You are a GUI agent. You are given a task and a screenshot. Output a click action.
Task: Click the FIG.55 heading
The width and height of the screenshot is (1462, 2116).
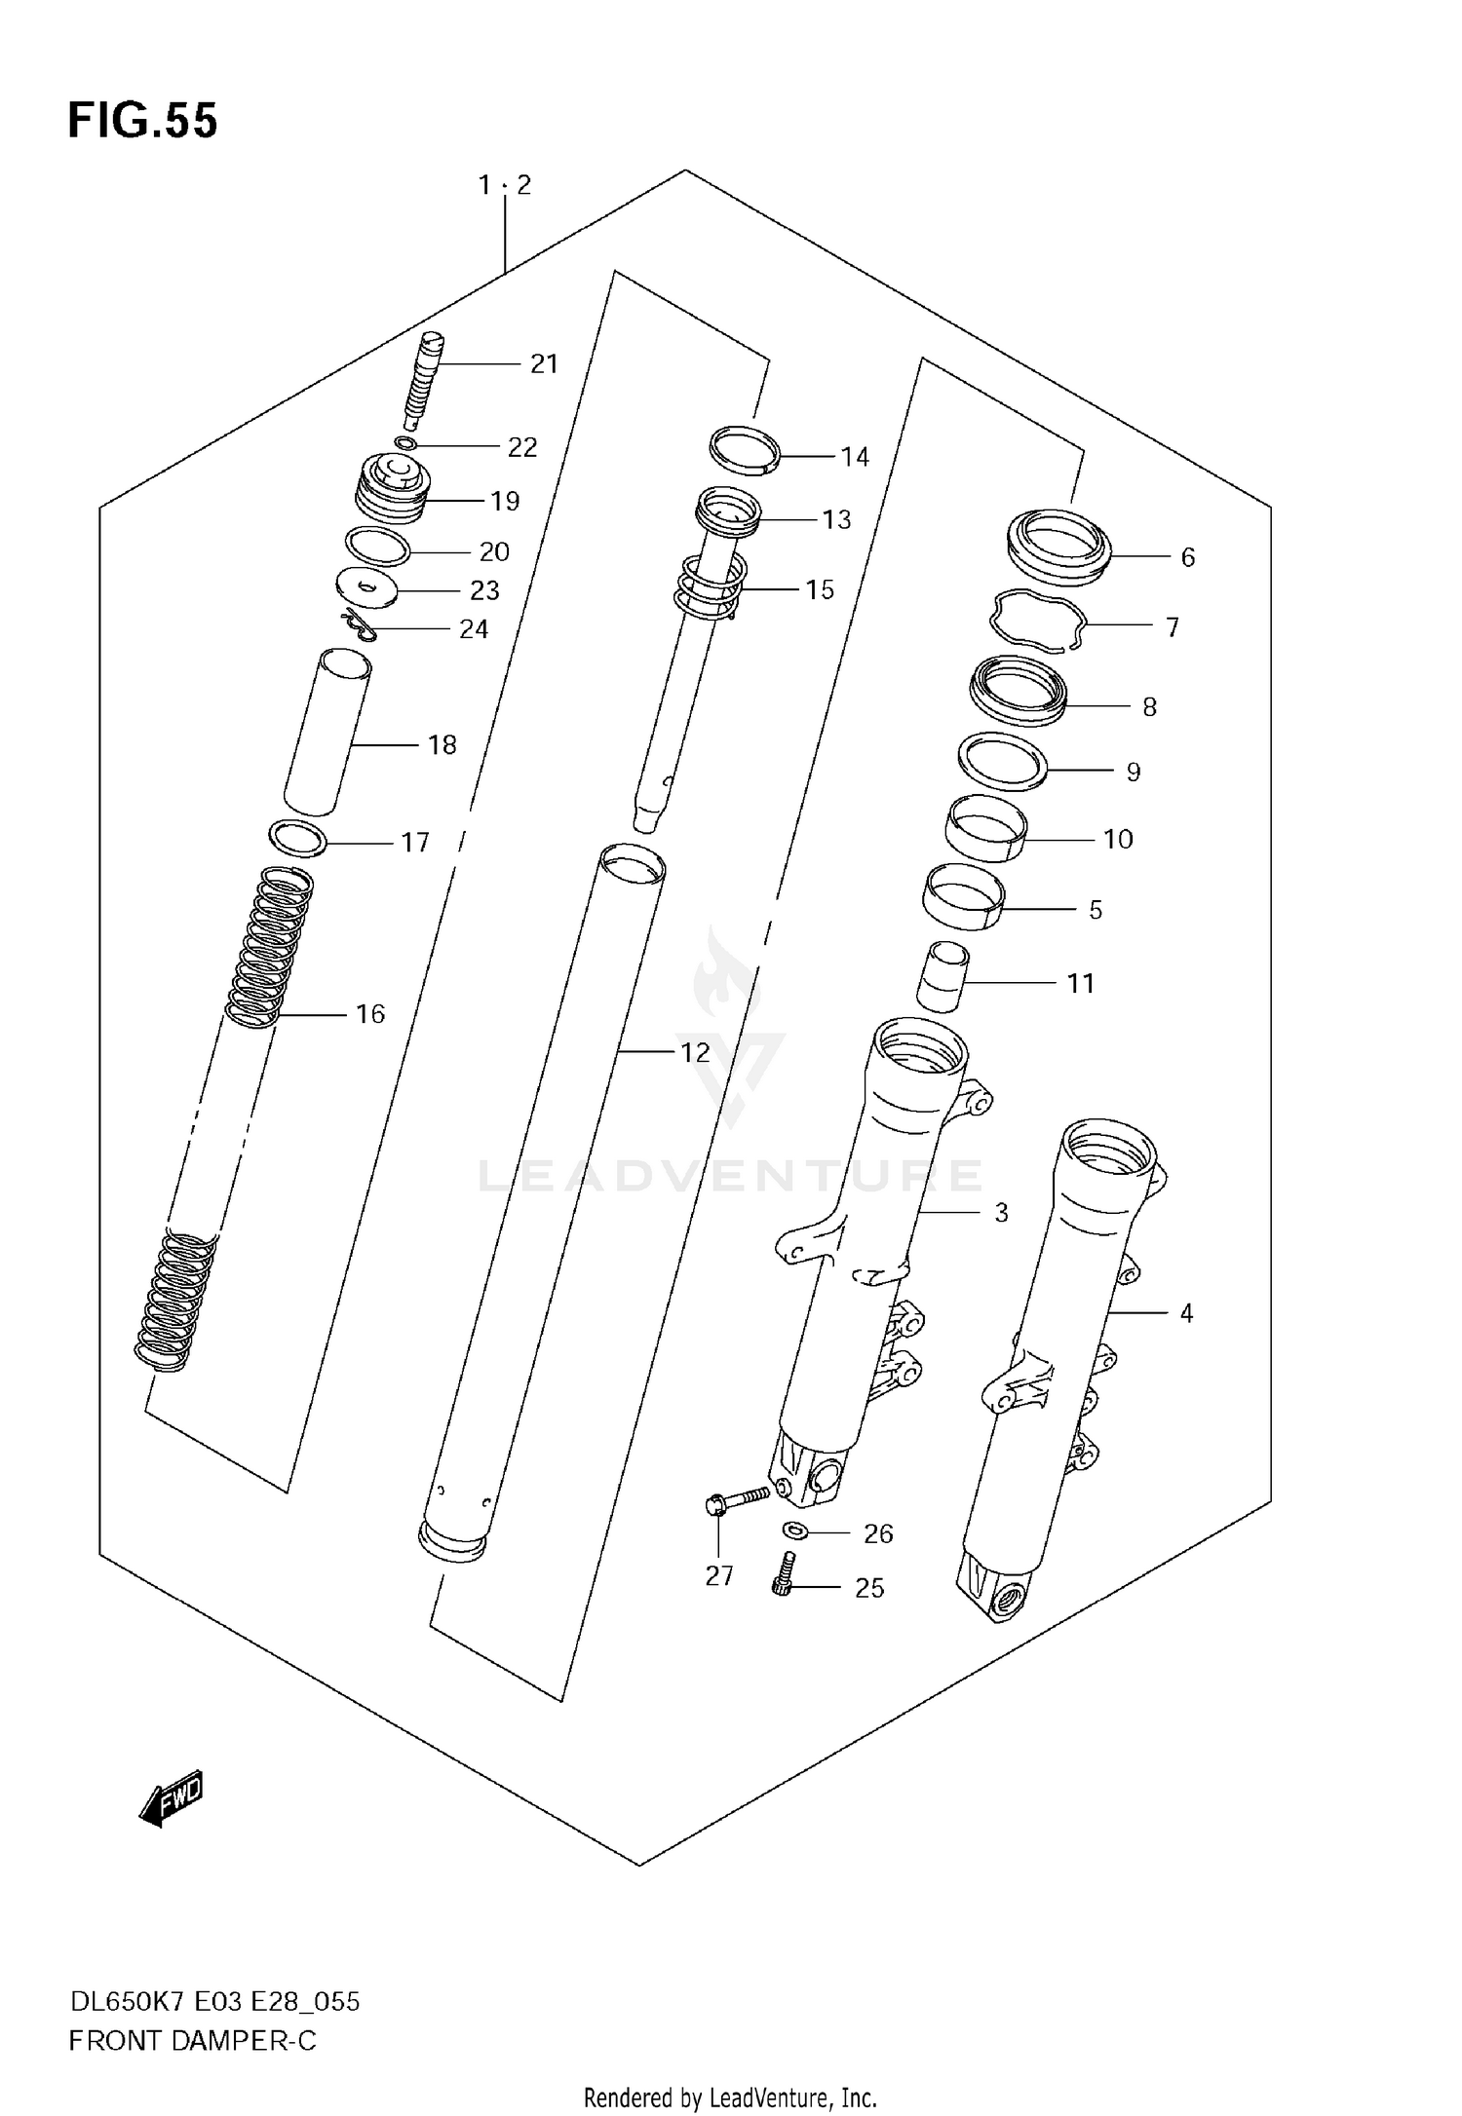tap(142, 122)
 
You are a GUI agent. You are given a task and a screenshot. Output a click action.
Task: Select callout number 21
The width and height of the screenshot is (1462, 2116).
tap(544, 364)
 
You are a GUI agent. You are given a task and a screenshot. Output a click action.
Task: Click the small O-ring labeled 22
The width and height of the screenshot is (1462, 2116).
tap(405, 444)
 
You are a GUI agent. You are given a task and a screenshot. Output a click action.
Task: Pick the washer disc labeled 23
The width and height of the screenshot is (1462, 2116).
tap(366, 587)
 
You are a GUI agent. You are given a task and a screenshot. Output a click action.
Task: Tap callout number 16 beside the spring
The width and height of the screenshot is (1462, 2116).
tap(370, 1014)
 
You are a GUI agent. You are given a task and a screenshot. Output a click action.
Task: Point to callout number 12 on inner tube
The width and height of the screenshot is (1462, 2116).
tap(694, 1052)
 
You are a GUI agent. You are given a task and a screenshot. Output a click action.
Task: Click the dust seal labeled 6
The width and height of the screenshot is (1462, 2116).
tap(1058, 550)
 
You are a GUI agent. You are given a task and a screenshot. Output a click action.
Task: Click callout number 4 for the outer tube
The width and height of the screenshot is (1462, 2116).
tap(1186, 1313)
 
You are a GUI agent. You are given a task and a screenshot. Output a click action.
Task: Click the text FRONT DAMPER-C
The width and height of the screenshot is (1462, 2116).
tap(192, 2041)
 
